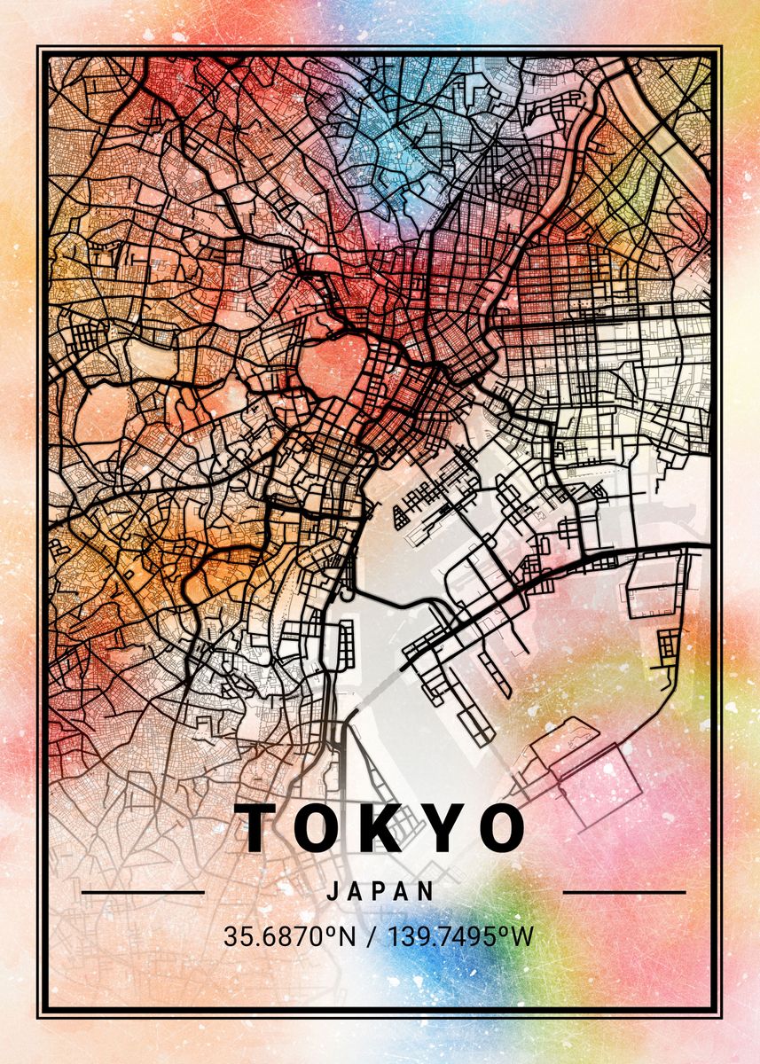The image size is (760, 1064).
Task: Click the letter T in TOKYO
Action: coord(262,828)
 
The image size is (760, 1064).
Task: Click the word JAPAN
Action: coord(380,891)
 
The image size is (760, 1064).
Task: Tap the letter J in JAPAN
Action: coord(333,891)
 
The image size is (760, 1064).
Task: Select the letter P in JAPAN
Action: coord(380,891)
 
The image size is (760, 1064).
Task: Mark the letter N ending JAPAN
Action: coord(427,891)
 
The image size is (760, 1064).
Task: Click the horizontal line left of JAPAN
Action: coord(143,892)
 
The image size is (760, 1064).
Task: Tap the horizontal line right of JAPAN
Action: coord(624,892)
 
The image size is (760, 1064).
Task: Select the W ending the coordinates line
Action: coord(522,936)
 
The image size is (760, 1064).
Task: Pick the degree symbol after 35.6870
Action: coord(329,930)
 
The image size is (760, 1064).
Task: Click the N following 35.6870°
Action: coord(345,936)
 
